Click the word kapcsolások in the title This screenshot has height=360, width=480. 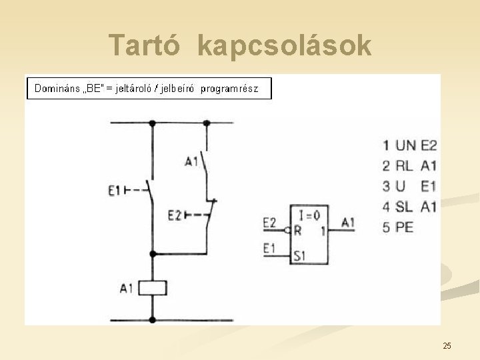click(285, 46)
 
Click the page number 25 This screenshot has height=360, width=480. click(447, 345)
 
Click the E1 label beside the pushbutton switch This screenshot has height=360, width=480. click(114, 191)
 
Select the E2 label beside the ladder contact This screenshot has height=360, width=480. click(174, 215)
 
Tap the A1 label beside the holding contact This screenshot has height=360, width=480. click(191, 161)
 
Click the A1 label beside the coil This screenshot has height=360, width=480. click(127, 289)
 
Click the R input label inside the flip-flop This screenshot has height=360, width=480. click(297, 231)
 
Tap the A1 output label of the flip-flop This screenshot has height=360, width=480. click(348, 223)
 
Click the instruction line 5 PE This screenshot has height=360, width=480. click(398, 227)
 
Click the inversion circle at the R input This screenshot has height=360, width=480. click(287, 231)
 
